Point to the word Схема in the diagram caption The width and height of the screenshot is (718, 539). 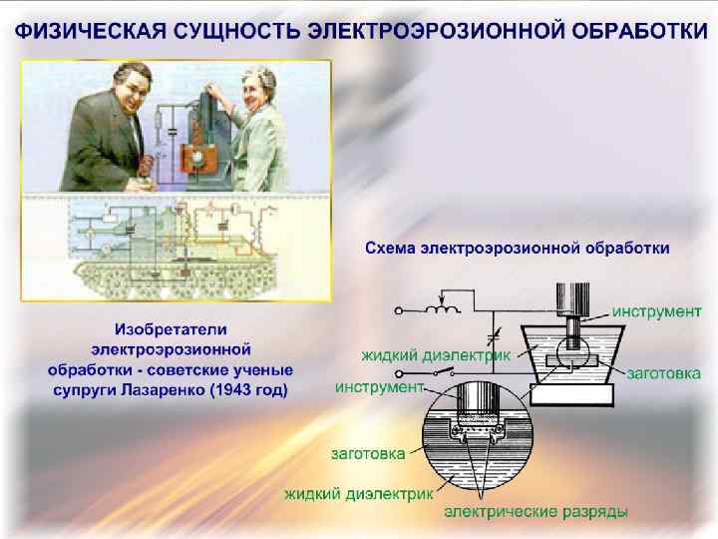(x=393, y=246)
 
